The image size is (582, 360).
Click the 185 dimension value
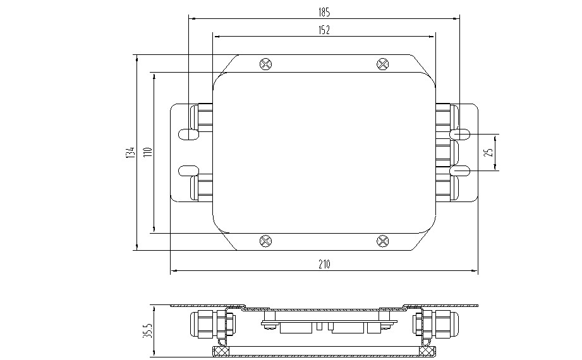pyautogui.click(x=324, y=13)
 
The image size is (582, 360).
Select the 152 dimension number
pyautogui.click(x=324, y=30)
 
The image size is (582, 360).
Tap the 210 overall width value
pyautogui.click(x=324, y=264)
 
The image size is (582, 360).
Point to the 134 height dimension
pyautogui.click(x=130, y=153)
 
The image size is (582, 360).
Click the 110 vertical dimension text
pyautogui.click(x=147, y=152)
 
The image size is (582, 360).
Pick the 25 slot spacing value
pyautogui.click(x=490, y=152)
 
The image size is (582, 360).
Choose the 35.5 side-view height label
pyautogui.click(x=147, y=331)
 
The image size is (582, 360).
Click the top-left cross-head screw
pyautogui.click(x=266, y=64)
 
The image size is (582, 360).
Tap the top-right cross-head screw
pyautogui.click(x=383, y=64)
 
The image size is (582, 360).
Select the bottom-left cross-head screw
pyautogui.click(x=266, y=241)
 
